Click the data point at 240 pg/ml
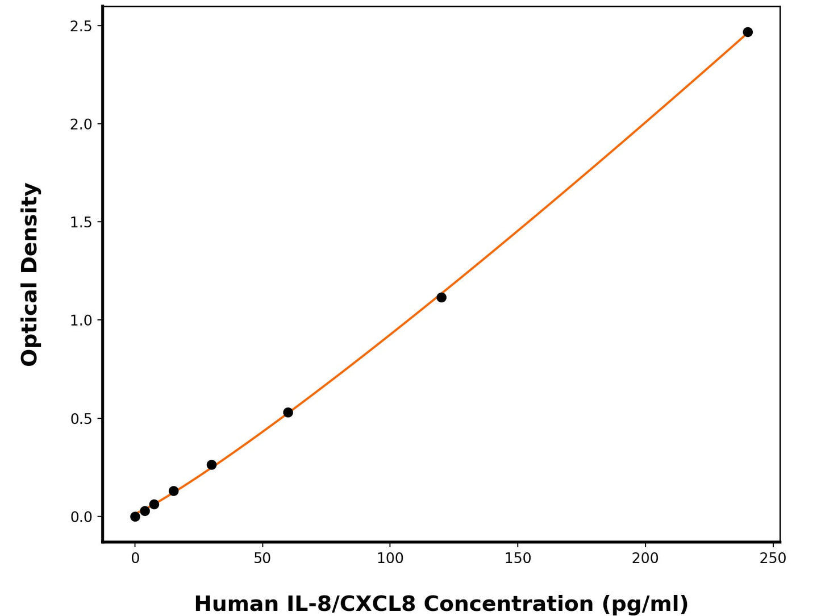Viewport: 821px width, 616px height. tap(748, 32)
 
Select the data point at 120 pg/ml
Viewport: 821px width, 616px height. tap(441, 297)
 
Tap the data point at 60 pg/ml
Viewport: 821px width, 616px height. tap(288, 412)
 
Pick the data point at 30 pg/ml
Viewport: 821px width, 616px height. tap(211, 465)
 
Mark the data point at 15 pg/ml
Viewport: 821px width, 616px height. tap(173, 491)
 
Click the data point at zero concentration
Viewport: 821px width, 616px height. tap(135, 517)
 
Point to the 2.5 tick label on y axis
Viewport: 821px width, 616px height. tap(81, 26)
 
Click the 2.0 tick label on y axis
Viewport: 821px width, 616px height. tap(81, 124)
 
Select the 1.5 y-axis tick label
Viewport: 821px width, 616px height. tap(81, 222)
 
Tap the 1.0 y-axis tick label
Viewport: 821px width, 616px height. tap(81, 321)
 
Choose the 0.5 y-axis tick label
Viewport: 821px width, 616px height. tap(81, 419)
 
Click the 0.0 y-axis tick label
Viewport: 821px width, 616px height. tap(81, 517)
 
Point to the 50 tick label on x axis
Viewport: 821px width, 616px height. tap(262, 559)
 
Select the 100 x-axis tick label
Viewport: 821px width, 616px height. tap(390, 559)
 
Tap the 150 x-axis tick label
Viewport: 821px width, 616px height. tap(518, 559)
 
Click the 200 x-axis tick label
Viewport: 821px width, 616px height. tap(645, 559)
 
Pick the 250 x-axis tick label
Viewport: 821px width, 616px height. tap(773, 559)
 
